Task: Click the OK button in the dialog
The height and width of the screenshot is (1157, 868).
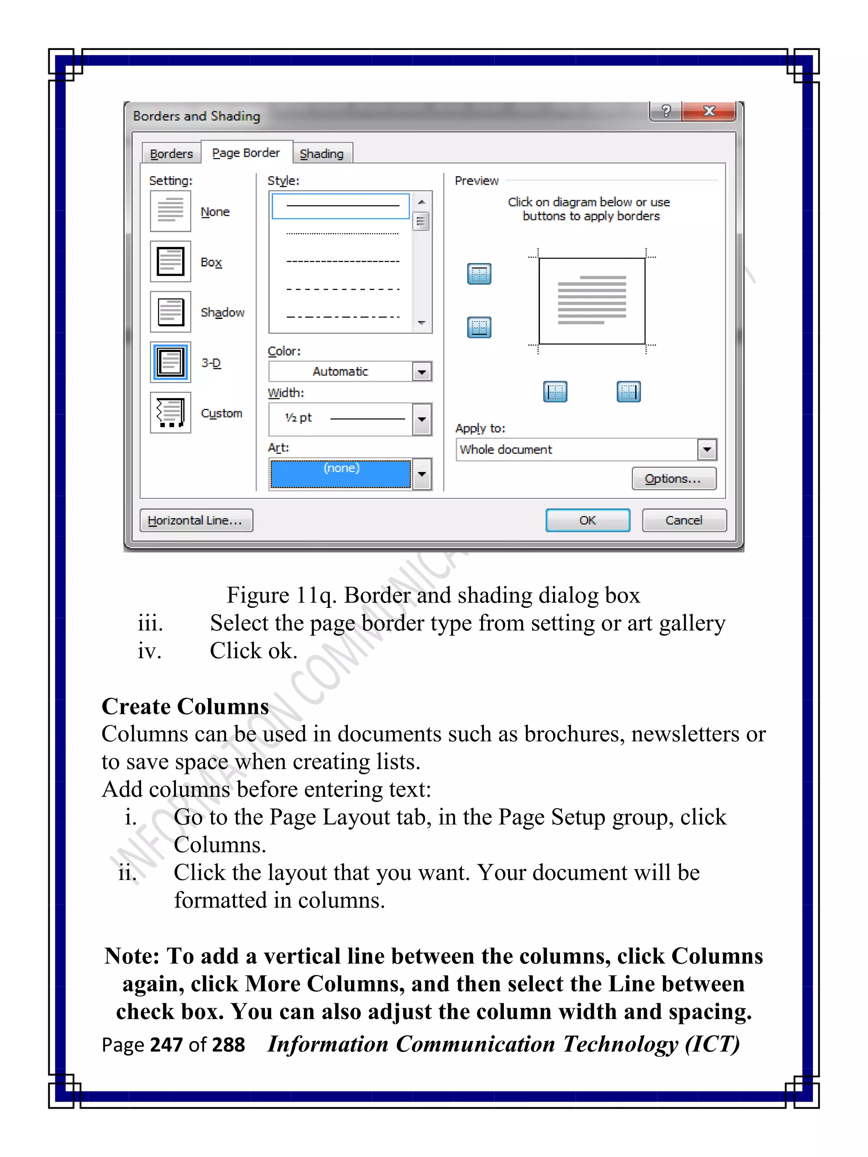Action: click(x=587, y=520)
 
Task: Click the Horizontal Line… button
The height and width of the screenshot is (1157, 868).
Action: click(x=196, y=520)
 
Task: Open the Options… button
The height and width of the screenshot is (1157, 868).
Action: click(x=673, y=479)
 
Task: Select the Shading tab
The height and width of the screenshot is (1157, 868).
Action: click(x=322, y=154)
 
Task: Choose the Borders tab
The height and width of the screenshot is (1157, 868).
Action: click(x=171, y=154)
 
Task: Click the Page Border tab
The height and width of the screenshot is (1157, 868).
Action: click(x=246, y=153)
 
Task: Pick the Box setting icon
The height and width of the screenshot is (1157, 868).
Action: click(x=170, y=261)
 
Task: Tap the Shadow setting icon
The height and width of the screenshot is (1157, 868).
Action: click(x=170, y=312)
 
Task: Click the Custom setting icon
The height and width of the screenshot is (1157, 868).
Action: click(x=170, y=413)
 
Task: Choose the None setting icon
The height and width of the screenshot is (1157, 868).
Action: click(x=170, y=211)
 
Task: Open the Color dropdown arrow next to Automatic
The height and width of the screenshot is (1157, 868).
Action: click(x=422, y=372)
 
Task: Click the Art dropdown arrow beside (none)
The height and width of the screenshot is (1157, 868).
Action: click(x=422, y=474)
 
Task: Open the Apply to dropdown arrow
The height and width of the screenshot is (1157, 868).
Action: click(x=707, y=449)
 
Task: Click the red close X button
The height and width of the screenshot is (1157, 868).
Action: click(x=709, y=111)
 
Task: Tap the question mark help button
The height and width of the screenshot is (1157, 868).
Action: click(x=665, y=111)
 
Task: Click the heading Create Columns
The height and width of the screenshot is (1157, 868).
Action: click(x=185, y=706)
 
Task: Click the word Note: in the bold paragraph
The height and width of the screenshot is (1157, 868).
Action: click(x=132, y=956)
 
